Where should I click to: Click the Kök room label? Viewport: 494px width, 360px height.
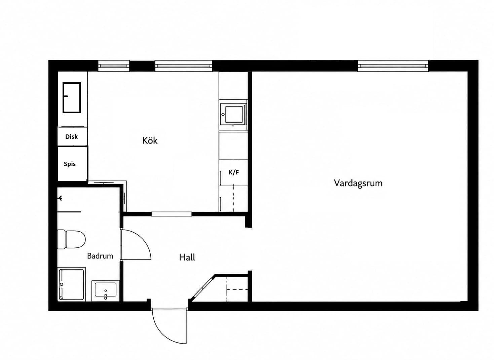[150, 141]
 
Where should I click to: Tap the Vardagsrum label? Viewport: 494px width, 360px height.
[358, 183]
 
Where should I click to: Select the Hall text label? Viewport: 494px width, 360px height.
[187, 257]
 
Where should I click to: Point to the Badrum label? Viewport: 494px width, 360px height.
[100, 256]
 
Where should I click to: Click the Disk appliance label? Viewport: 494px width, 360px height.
[71, 137]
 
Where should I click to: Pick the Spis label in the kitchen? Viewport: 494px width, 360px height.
[70, 164]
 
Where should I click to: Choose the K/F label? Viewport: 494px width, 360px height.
[233, 172]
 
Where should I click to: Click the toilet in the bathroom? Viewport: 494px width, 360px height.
[71, 239]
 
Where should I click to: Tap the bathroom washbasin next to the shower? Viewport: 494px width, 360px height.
[105, 291]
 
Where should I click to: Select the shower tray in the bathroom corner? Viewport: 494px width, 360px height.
[71, 284]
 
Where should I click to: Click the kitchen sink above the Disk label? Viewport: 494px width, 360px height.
[72, 98]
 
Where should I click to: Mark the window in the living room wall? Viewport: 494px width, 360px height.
[393, 66]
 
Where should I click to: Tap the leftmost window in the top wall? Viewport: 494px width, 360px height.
[114, 66]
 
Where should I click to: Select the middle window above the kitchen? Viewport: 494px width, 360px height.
[184, 66]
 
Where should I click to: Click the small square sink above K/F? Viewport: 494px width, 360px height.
[233, 115]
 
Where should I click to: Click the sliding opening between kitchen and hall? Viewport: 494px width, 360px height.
[172, 214]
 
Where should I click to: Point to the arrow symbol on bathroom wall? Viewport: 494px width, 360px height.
[60, 198]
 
